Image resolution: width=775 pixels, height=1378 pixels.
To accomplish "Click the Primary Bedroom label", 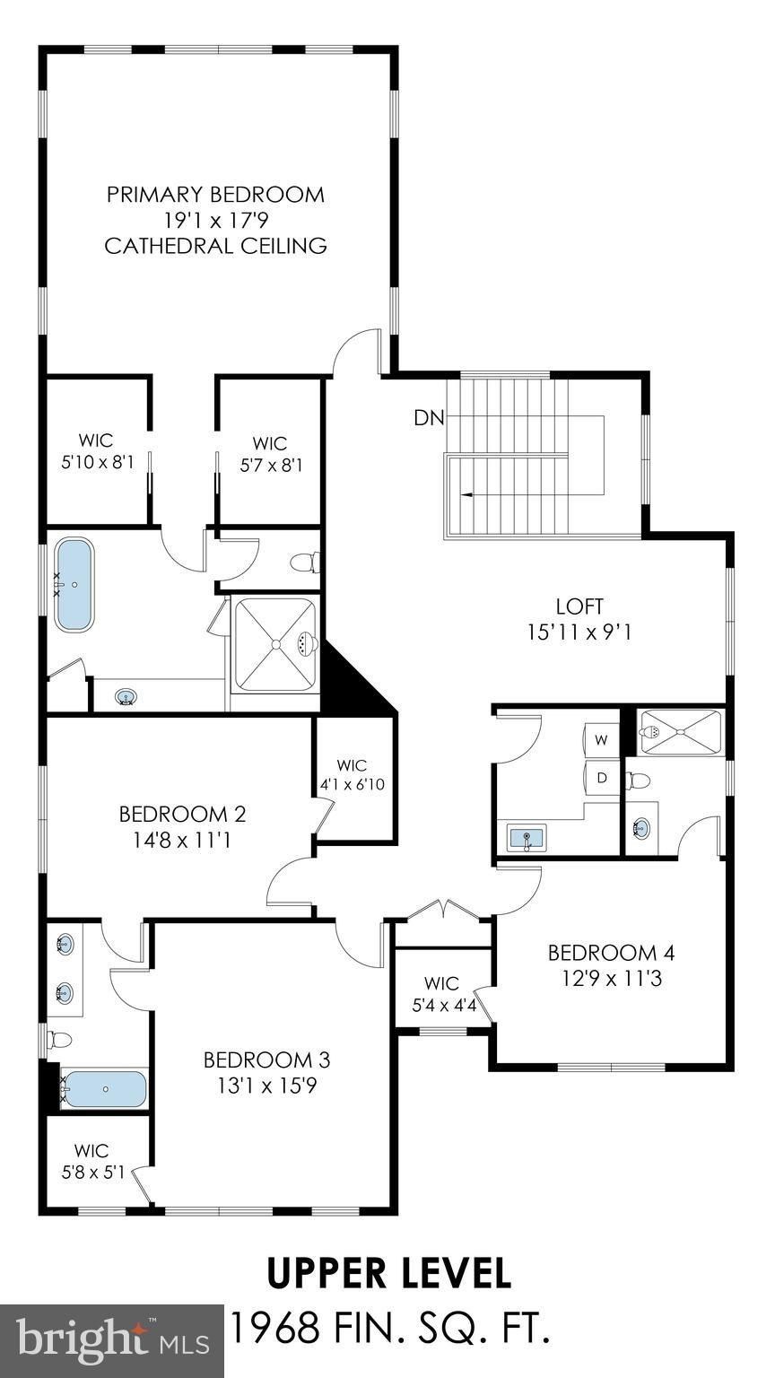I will point(215,194).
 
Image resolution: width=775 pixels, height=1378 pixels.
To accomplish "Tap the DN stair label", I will point(426,417).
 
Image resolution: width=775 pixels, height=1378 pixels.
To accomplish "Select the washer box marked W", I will point(601,740).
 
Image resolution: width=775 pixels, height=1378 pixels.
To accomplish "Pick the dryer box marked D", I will point(602,778).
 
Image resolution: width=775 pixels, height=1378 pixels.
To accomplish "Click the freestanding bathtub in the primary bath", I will point(76,584).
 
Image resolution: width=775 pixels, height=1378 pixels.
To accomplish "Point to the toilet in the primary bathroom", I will point(304,563).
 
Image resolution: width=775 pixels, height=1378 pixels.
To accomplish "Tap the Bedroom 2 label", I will point(182,815).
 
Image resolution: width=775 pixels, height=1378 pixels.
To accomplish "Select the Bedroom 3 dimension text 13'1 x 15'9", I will point(266,1086).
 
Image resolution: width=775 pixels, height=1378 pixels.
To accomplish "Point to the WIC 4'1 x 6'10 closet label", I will point(353,774).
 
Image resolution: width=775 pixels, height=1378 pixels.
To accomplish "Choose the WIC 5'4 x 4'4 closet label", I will point(441,994).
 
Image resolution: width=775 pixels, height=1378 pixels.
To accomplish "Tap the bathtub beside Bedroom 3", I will point(106,1089).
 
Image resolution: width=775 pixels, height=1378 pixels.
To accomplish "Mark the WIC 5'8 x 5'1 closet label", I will point(91,1161).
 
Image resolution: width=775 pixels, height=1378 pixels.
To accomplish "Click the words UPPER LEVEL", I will point(388,1273).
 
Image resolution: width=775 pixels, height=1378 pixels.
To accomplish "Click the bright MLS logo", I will point(111,1340).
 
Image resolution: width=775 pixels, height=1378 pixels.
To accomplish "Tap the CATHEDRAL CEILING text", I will point(215,246).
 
